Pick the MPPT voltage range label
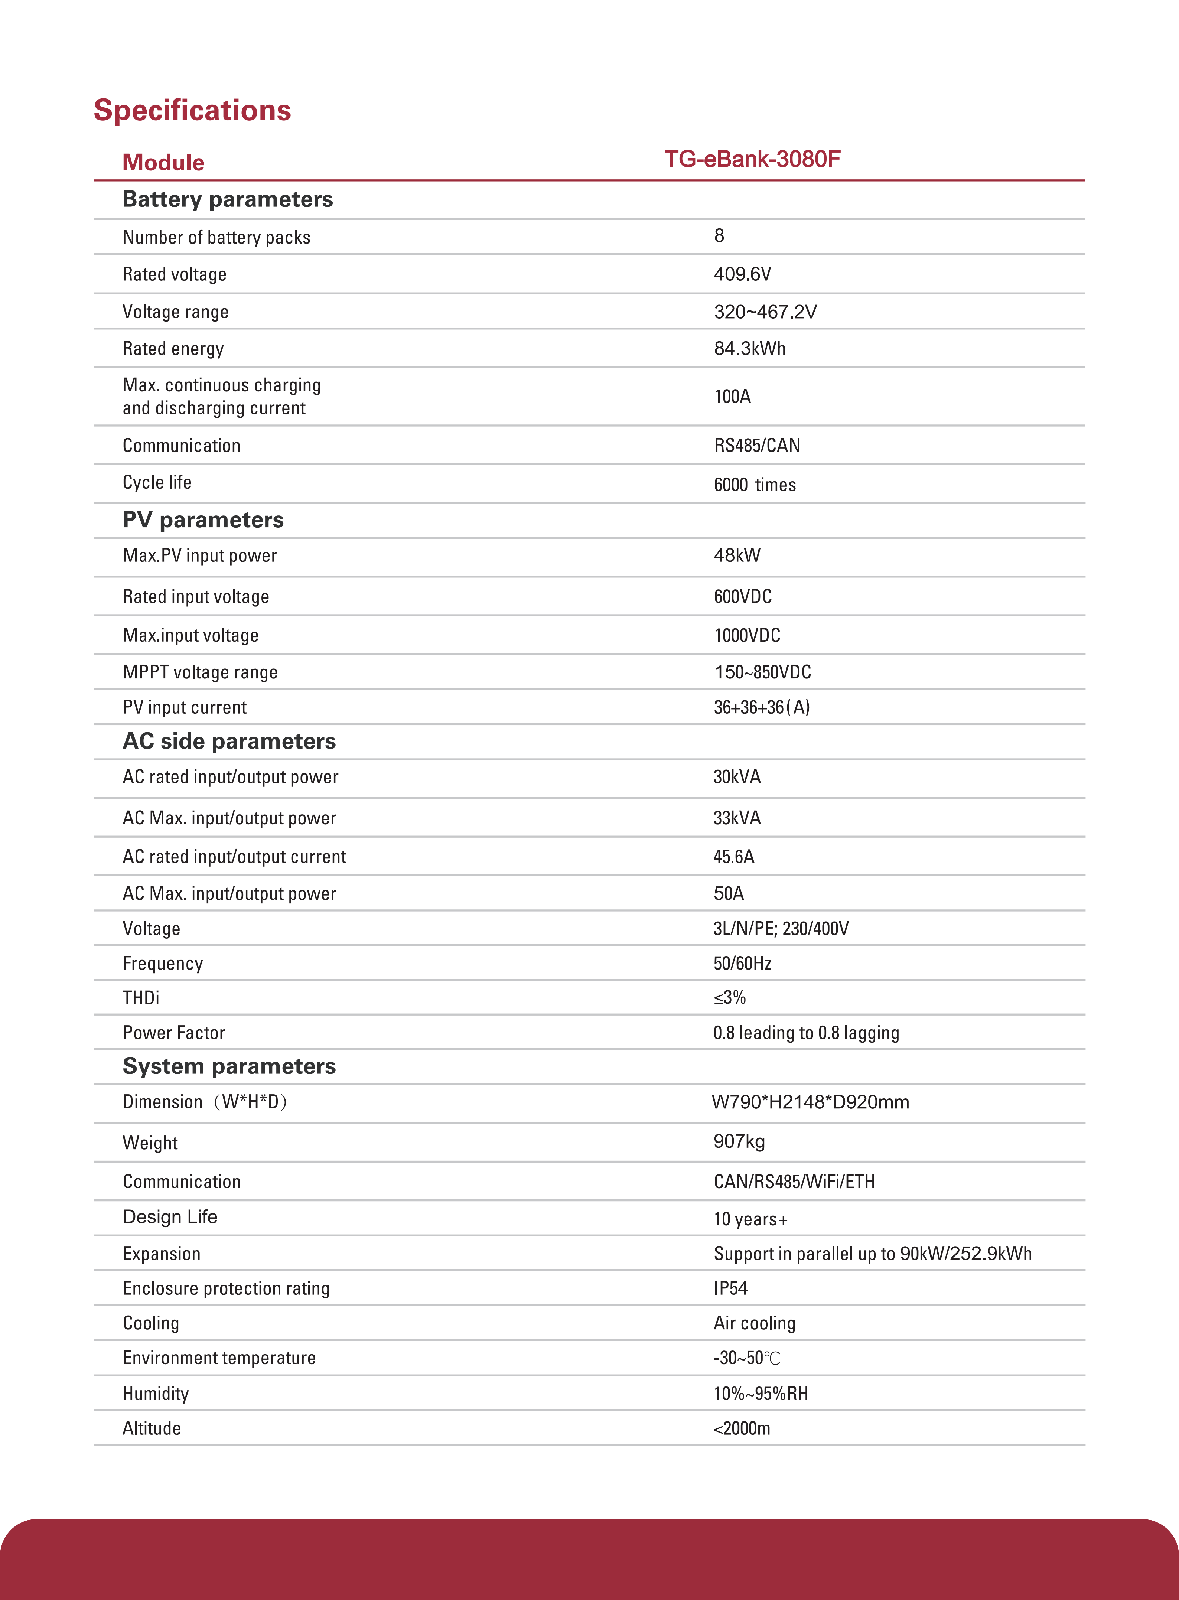click(x=200, y=672)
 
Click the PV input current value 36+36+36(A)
click(x=762, y=707)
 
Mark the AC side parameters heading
click(x=229, y=742)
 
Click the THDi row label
click(x=141, y=998)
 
